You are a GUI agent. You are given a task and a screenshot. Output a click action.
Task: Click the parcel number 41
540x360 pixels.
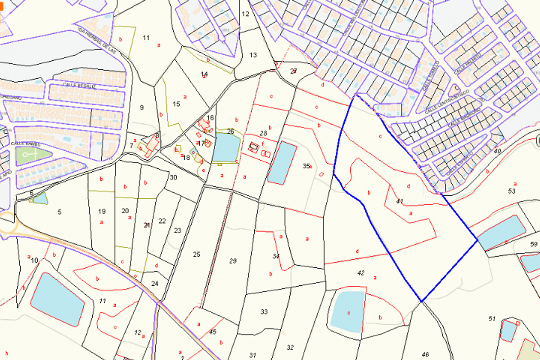point(400,201)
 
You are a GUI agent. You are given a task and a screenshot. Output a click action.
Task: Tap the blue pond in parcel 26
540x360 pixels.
point(225,147)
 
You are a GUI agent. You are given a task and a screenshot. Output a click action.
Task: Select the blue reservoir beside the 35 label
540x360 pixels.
point(282,162)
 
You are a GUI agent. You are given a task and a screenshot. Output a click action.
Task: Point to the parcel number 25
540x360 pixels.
point(196,255)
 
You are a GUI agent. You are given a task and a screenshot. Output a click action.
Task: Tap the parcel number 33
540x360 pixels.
point(264,311)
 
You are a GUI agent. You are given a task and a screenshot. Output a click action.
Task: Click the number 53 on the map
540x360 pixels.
point(512,191)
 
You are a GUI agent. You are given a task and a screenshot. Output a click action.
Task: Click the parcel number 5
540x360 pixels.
point(59,211)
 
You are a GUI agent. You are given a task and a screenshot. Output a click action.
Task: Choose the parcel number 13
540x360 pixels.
point(253,55)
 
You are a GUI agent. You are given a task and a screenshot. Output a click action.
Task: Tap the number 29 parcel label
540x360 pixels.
point(233,261)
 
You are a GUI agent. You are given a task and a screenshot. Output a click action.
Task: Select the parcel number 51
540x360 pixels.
point(491,319)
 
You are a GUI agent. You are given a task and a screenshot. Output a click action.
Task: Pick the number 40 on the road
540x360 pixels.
point(497,151)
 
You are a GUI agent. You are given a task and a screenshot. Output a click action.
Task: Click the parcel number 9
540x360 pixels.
point(142,107)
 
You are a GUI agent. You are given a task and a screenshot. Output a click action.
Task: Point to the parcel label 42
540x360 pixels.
point(360,273)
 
